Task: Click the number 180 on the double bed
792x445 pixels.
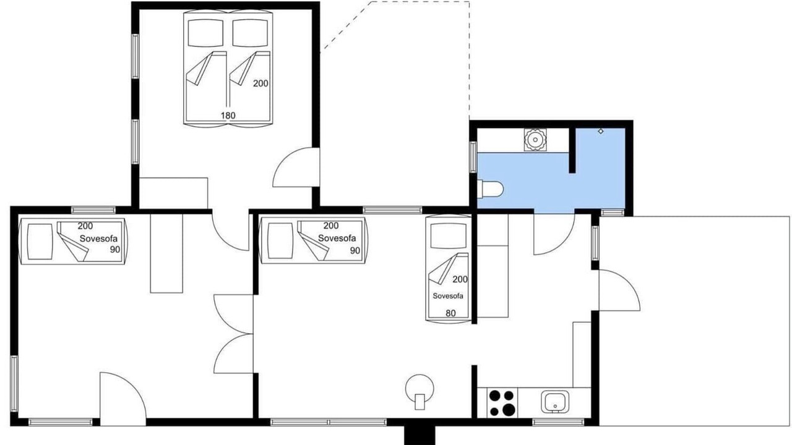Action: click(228, 116)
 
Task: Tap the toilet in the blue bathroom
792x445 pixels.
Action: click(490, 189)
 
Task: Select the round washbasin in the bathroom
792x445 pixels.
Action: click(535, 140)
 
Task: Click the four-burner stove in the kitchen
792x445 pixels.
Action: click(502, 402)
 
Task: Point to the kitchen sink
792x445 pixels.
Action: click(555, 402)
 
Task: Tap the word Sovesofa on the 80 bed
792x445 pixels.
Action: click(448, 296)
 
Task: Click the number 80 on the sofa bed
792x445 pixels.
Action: click(450, 313)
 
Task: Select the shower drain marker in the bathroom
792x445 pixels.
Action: click(601, 132)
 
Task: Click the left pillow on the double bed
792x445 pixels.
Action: click(206, 33)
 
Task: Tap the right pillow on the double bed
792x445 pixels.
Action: click(250, 33)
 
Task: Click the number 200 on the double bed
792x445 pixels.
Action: click(260, 83)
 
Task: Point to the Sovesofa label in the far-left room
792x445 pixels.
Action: click(98, 239)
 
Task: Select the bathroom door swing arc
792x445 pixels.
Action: click(562, 244)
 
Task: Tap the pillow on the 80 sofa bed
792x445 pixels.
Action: click(449, 237)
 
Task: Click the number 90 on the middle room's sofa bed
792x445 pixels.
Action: click(355, 250)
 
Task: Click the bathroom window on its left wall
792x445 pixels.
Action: click(473, 157)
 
